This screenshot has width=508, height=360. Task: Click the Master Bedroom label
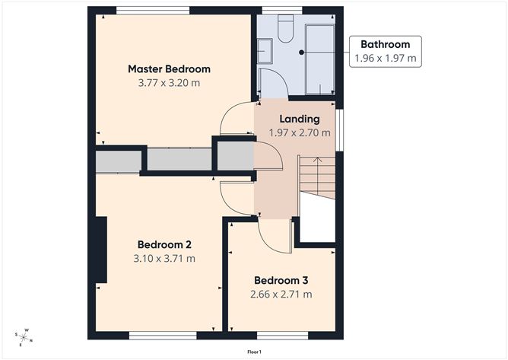click(x=169, y=68)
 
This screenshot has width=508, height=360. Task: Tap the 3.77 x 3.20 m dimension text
click(x=169, y=83)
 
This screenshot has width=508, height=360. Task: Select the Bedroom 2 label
click(x=164, y=244)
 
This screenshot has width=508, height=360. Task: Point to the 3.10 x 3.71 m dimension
click(x=164, y=259)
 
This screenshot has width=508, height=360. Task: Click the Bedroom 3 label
click(x=281, y=280)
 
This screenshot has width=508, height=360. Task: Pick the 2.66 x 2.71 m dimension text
click(x=281, y=294)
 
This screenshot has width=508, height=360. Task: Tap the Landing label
click(x=300, y=119)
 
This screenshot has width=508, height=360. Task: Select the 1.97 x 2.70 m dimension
click(x=300, y=132)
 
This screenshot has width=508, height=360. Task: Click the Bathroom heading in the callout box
click(x=386, y=44)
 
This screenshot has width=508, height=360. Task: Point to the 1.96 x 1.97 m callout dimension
click(x=386, y=58)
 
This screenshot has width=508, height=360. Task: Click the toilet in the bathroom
click(x=285, y=29)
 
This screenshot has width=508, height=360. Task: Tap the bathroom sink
click(x=265, y=51)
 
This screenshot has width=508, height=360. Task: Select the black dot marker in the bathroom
click(x=302, y=52)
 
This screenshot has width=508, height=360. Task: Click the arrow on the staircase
click(x=318, y=172)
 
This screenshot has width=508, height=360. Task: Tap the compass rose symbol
click(x=24, y=338)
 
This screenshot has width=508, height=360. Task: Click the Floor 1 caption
click(x=254, y=352)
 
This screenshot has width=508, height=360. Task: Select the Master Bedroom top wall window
click(x=153, y=11)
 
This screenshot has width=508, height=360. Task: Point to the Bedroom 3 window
click(x=282, y=336)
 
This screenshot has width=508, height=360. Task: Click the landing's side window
click(x=339, y=129)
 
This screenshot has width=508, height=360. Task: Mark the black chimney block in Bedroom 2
click(x=100, y=250)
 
